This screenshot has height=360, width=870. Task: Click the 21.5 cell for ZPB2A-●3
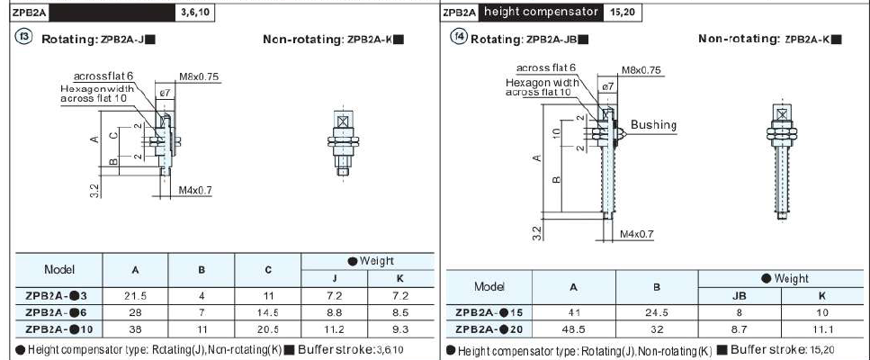click(135, 294)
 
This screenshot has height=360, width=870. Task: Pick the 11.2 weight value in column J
click(335, 328)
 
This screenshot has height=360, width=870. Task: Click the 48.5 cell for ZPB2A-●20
click(572, 328)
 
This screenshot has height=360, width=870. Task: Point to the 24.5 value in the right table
click(656, 311)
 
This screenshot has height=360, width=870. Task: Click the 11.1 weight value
click(821, 328)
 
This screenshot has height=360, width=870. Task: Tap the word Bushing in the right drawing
click(653, 125)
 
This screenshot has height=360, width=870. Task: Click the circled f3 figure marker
click(24, 38)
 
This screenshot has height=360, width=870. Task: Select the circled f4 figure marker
click(459, 38)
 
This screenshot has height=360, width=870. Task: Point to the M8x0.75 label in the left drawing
click(198, 77)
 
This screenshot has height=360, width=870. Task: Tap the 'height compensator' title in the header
click(541, 12)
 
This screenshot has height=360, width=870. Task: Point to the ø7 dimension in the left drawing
click(165, 92)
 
